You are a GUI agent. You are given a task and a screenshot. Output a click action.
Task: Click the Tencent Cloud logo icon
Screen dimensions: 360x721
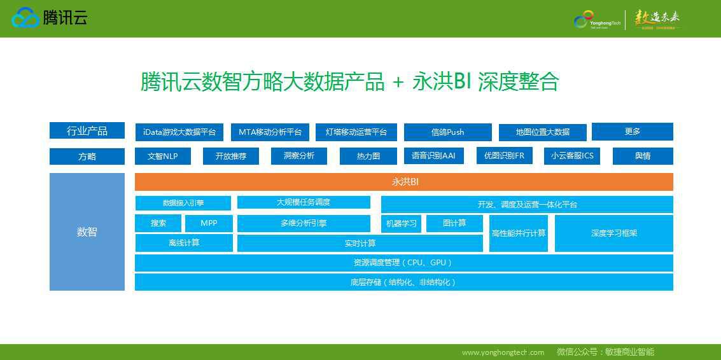pyautogui.click(x=25, y=18)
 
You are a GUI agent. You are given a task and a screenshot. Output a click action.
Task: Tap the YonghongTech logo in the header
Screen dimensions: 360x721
pyautogui.click(x=598, y=20)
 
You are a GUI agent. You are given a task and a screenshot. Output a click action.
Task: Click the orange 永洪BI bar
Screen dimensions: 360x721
pyautogui.click(x=404, y=182)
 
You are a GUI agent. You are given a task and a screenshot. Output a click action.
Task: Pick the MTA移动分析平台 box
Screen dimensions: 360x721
pyautogui.click(x=270, y=132)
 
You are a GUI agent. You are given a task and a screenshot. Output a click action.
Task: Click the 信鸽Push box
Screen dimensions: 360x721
pyautogui.click(x=447, y=132)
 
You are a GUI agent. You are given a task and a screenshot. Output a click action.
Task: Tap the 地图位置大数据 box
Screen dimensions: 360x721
pyautogui.click(x=542, y=132)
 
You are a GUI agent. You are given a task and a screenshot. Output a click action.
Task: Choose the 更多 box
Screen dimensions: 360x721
pyautogui.click(x=632, y=132)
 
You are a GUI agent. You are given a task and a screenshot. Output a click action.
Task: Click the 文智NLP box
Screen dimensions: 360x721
pyautogui.click(x=163, y=156)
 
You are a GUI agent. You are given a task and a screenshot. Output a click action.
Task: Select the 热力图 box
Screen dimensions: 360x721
pyautogui.click(x=368, y=156)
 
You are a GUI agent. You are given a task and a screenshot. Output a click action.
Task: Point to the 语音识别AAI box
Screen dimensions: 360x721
pyautogui.click(x=433, y=156)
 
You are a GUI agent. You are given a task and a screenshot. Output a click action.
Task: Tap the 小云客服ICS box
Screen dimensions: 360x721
pyautogui.click(x=572, y=156)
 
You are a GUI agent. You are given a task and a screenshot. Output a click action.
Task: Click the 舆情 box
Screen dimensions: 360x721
pyautogui.click(x=642, y=156)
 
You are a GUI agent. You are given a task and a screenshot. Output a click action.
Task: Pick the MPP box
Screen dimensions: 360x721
pyautogui.click(x=209, y=223)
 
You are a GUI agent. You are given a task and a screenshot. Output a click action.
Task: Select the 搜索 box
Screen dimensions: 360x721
pyautogui.click(x=158, y=223)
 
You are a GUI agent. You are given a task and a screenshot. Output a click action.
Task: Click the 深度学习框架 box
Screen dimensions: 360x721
pyautogui.click(x=613, y=233)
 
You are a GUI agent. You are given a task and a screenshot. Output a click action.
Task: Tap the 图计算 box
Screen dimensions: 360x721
pyautogui.click(x=454, y=223)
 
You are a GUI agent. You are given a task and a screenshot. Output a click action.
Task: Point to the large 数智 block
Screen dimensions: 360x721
pyautogui.click(x=87, y=232)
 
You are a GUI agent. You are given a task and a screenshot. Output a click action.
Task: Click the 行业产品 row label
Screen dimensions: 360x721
pyautogui.click(x=87, y=131)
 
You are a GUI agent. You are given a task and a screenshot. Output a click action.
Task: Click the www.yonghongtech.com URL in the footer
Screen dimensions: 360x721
pyautogui.click(x=503, y=352)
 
